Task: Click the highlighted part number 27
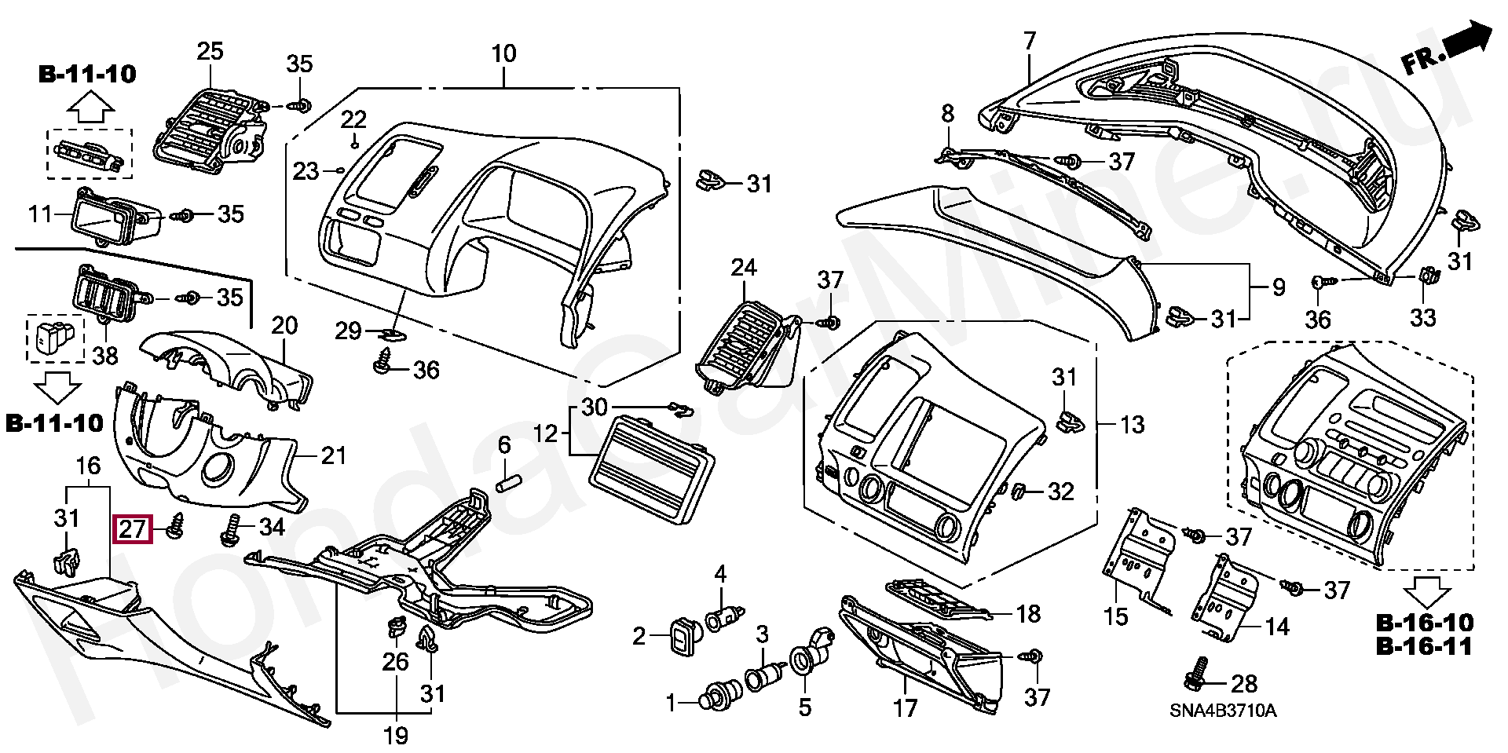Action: pos(132,529)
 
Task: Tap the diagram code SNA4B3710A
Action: pos(1223,711)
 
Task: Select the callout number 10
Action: pos(503,53)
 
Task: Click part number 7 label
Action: pos(1030,40)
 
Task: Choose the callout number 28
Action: pos(1244,684)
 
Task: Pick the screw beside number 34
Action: pos(232,530)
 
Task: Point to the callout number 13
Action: pos(1132,425)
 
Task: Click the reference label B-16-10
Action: pos(1425,623)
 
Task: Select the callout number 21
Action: pos(334,455)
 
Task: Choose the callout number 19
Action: pos(396,736)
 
